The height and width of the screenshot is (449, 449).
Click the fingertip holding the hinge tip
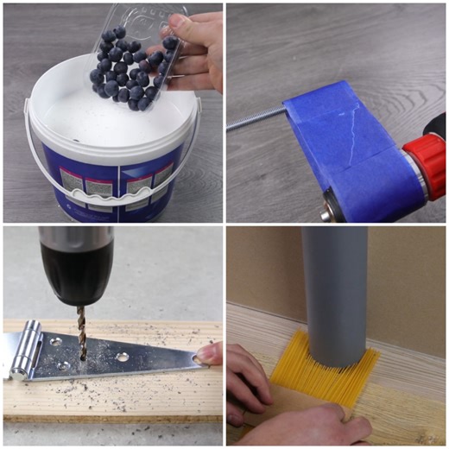point(210,353)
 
